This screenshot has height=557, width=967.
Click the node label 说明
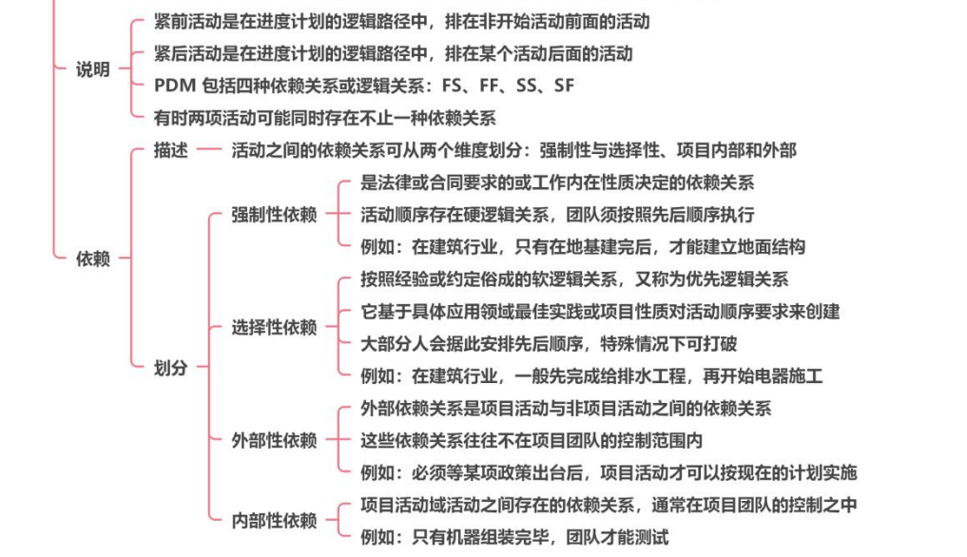(92, 69)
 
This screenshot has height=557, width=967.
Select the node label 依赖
(92, 259)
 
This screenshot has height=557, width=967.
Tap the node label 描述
(171, 151)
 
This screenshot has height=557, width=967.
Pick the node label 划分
(171, 368)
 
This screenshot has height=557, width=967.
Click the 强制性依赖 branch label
(274, 215)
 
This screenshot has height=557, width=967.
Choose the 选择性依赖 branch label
(274, 328)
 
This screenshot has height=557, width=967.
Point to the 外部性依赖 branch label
(274, 440)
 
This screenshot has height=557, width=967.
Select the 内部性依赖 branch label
(274, 520)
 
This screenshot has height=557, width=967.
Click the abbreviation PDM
(175, 86)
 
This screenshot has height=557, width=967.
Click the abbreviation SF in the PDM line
(564, 86)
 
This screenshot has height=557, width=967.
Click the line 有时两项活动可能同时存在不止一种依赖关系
(324, 118)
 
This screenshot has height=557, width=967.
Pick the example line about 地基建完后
(583, 247)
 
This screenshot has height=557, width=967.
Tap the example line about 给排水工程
(591, 375)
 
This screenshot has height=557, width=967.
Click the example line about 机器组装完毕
(514, 537)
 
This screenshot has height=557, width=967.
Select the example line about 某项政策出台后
(609, 472)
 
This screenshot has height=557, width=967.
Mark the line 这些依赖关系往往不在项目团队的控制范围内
(532, 440)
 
